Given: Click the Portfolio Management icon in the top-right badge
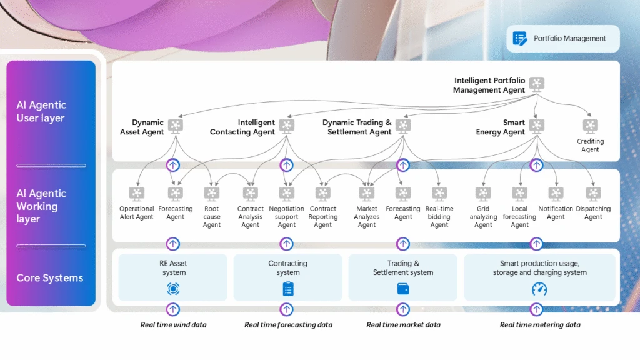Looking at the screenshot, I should coord(520,39).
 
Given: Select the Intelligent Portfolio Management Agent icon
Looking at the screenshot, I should coord(536,84).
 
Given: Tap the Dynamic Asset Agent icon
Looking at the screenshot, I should coord(176,126).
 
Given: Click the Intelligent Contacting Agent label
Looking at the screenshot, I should coord(243,127).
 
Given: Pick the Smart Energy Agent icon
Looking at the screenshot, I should coord(536,126).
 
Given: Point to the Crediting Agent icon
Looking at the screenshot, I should coord(590,126).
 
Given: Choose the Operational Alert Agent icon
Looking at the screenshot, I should coord(136,194).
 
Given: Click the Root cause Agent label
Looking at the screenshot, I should coord(212,217).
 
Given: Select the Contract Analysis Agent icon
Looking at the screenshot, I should coord(250,194).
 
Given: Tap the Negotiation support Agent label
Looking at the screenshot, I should coord(287,217).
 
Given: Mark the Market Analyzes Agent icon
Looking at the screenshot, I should coord(367,194).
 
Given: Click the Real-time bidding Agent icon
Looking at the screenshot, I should coord(439,194).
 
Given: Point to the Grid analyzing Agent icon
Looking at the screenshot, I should coord(483,194).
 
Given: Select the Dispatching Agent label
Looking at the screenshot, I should coord(593,213).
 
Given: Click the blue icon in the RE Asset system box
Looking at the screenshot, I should coord(173,289).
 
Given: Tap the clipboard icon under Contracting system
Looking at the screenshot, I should coord(287,289).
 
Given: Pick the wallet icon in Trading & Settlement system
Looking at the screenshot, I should coord(403,289).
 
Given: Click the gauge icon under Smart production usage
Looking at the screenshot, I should coord(539,289).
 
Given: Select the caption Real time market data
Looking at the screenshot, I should coord(403,325).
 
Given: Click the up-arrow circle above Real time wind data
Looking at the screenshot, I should coord(173,309).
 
